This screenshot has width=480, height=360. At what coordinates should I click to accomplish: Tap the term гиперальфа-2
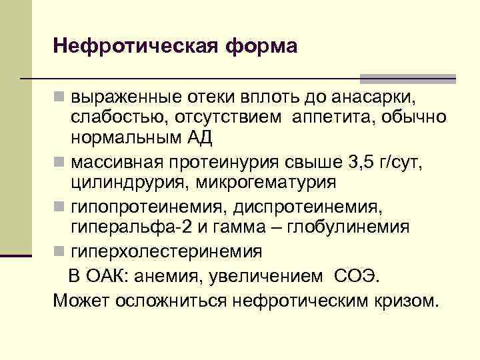[132, 227]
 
